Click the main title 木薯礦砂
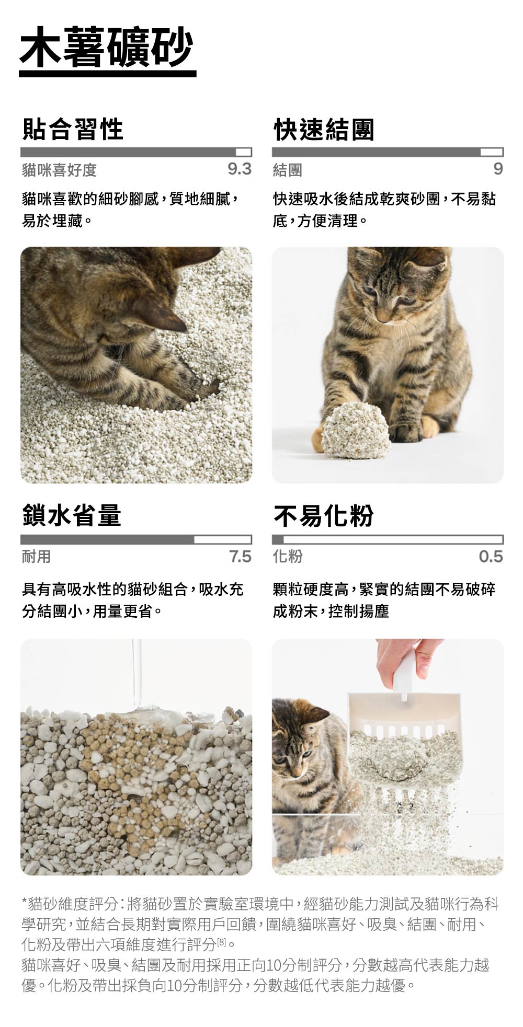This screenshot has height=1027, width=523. (107, 47)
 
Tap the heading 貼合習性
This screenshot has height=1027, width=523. (73, 129)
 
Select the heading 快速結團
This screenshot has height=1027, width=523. (324, 129)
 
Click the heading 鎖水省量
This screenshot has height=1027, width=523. (72, 515)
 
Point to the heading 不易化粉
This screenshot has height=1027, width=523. (323, 516)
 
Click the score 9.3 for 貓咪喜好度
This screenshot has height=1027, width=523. (240, 169)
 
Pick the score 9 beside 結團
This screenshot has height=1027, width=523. (497, 169)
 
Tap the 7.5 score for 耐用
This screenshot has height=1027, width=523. (240, 556)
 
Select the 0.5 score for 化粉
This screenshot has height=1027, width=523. (491, 556)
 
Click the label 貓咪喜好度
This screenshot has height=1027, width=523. (59, 170)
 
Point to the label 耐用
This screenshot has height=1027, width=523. (36, 557)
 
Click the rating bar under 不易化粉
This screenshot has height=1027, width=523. (387, 539)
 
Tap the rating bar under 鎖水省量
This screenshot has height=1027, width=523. (136, 539)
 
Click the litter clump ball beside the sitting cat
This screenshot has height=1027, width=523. (355, 430)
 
